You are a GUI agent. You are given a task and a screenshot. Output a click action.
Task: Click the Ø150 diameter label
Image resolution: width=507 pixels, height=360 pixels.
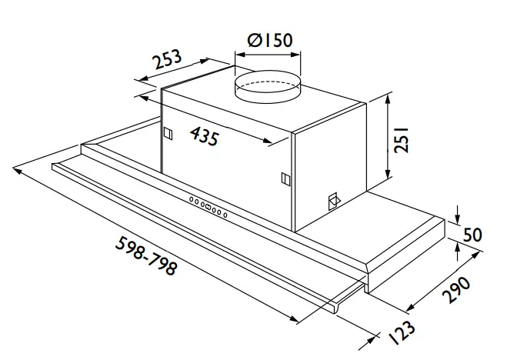(266, 39)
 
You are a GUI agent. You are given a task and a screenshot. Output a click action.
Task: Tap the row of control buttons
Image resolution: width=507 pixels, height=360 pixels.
(208, 207)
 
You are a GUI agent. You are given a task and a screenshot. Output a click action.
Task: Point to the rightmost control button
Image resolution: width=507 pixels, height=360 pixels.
(225, 214)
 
